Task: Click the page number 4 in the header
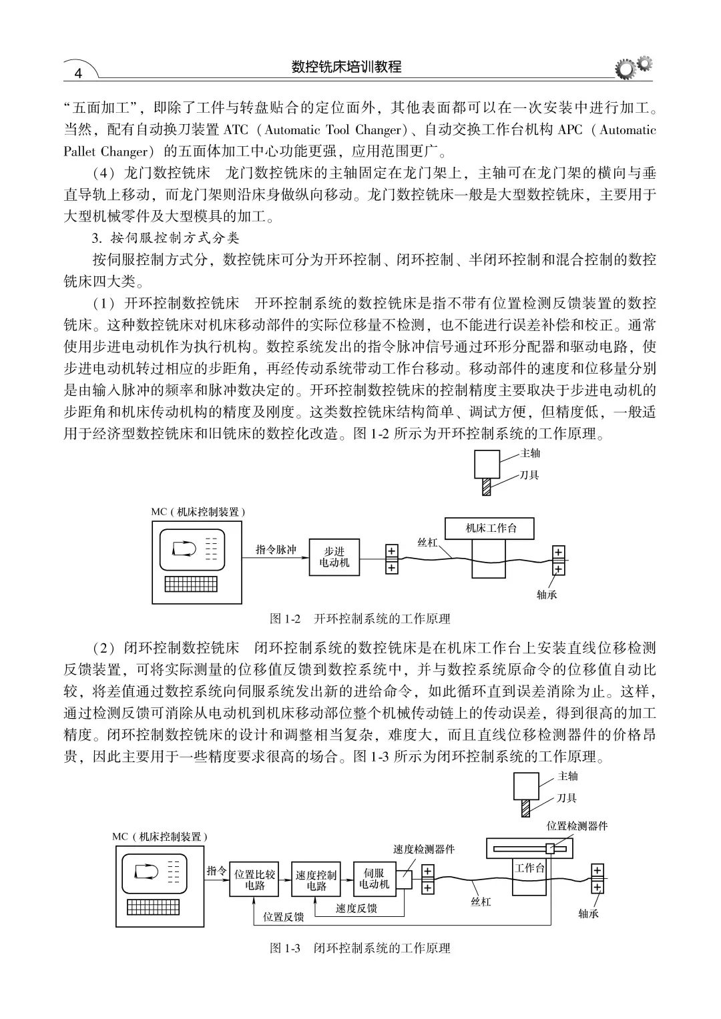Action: pyautogui.click(x=79, y=73)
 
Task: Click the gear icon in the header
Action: pyautogui.click(x=633, y=67)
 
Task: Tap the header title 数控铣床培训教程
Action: pyautogui.click(x=346, y=67)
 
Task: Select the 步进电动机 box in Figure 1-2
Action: pyautogui.click(x=334, y=557)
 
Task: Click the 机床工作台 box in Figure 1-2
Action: pyautogui.click(x=491, y=528)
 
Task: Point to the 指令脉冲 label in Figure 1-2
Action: pyautogui.click(x=276, y=550)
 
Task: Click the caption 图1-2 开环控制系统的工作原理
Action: pyautogui.click(x=360, y=619)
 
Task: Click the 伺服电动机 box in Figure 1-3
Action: pyautogui.click(x=374, y=878)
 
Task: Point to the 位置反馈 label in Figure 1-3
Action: pyautogui.click(x=283, y=917)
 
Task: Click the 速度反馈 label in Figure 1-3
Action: pyautogui.click(x=356, y=908)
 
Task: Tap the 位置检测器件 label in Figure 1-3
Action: pyautogui.click(x=577, y=826)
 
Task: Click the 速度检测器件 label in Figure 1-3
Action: pyautogui.click(x=423, y=849)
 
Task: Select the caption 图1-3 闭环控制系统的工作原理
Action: pyautogui.click(x=360, y=948)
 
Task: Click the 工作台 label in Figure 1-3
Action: pyautogui.click(x=530, y=868)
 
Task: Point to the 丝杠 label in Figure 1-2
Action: pyautogui.click(x=427, y=542)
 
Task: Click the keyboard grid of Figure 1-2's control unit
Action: pyautogui.click(x=190, y=584)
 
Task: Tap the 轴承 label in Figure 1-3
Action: pyautogui.click(x=588, y=914)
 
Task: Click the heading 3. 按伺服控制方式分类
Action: pyautogui.click(x=166, y=238)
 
